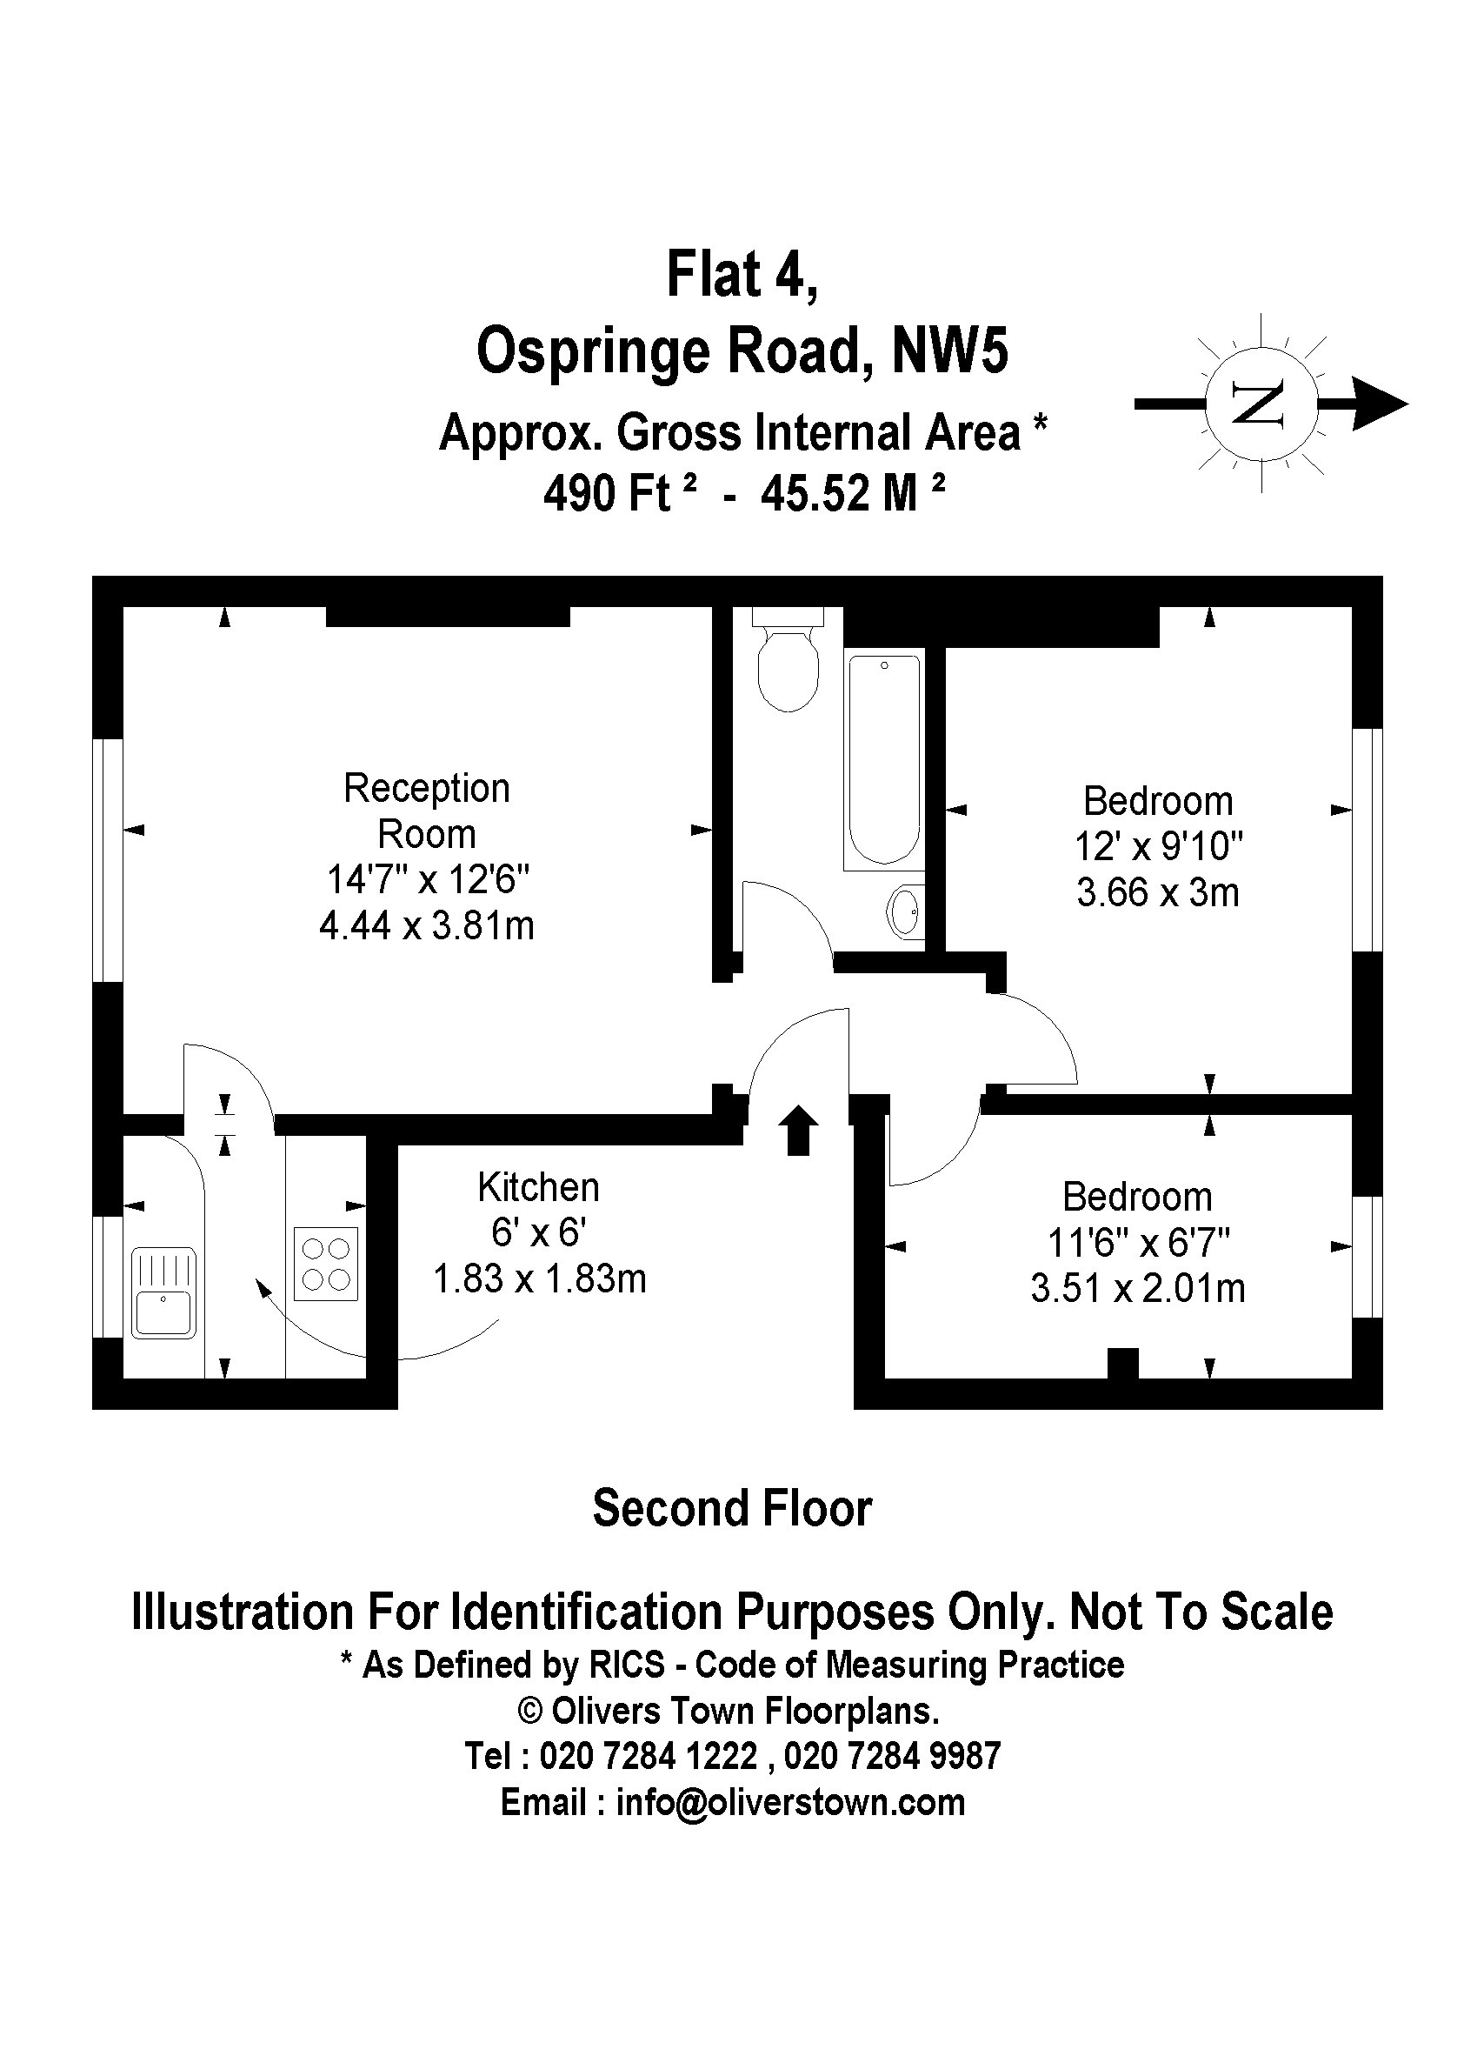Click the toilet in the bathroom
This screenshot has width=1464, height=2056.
tap(788, 664)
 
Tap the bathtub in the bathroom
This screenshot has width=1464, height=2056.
tap(883, 760)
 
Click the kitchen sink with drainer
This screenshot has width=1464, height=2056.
tap(163, 1292)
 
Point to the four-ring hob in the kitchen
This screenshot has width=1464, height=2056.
tap(325, 1265)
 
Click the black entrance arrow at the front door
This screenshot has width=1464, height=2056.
tap(798, 1130)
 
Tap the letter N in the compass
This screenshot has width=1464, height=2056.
tap(1259, 404)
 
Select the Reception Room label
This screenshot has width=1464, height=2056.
tap(426, 811)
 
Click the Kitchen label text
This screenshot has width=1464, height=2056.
tap(538, 1186)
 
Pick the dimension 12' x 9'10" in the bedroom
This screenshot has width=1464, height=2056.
tap(1158, 847)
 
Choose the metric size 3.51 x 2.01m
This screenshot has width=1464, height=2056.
tap(1138, 1289)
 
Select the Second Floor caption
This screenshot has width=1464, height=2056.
tap(732, 1509)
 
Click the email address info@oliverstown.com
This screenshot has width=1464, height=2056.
tap(789, 1802)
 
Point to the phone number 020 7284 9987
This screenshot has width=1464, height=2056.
tap(892, 1755)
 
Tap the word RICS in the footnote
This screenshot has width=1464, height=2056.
tap(628, 1665)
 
